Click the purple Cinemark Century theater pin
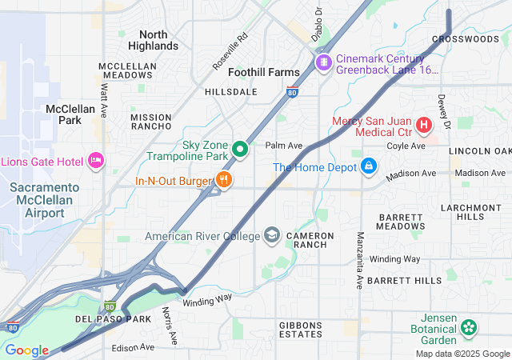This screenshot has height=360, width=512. click(324, 62)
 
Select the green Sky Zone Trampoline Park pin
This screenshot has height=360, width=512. click(239, 150)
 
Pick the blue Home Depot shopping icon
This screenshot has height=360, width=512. click(368, 166)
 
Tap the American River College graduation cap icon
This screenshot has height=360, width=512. click(272, 235)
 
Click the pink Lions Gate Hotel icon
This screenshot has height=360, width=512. click(96, 161)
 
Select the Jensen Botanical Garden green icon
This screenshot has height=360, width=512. click(469, 326)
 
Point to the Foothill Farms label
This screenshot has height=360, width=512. click(263, 72)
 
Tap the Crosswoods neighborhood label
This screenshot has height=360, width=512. click(465, 38)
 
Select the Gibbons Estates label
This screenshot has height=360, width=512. click(300, 330)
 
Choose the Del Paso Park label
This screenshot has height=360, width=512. click(113, 319)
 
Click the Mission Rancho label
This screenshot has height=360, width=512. click(150, 122)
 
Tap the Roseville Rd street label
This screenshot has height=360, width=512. click(230, 50)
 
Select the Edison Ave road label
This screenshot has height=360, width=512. click(133, 347)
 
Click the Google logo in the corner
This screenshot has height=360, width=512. click(26, 350)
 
